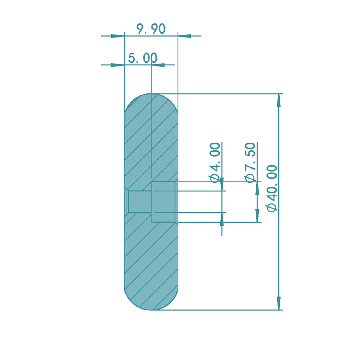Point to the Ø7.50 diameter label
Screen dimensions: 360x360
pos(250,163)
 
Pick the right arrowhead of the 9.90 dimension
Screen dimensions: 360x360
pos(184,36)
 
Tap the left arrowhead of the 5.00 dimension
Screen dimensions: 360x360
pos(118,65)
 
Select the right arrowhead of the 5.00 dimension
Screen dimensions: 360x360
pos(158,65)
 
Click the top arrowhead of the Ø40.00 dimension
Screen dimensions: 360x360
pos(279,100)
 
